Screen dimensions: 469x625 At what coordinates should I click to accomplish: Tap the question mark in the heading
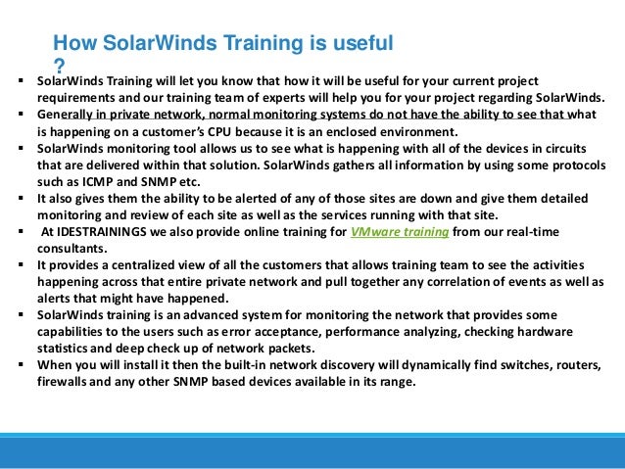point(58,63)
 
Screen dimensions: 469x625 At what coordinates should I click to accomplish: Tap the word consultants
point(72,249)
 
